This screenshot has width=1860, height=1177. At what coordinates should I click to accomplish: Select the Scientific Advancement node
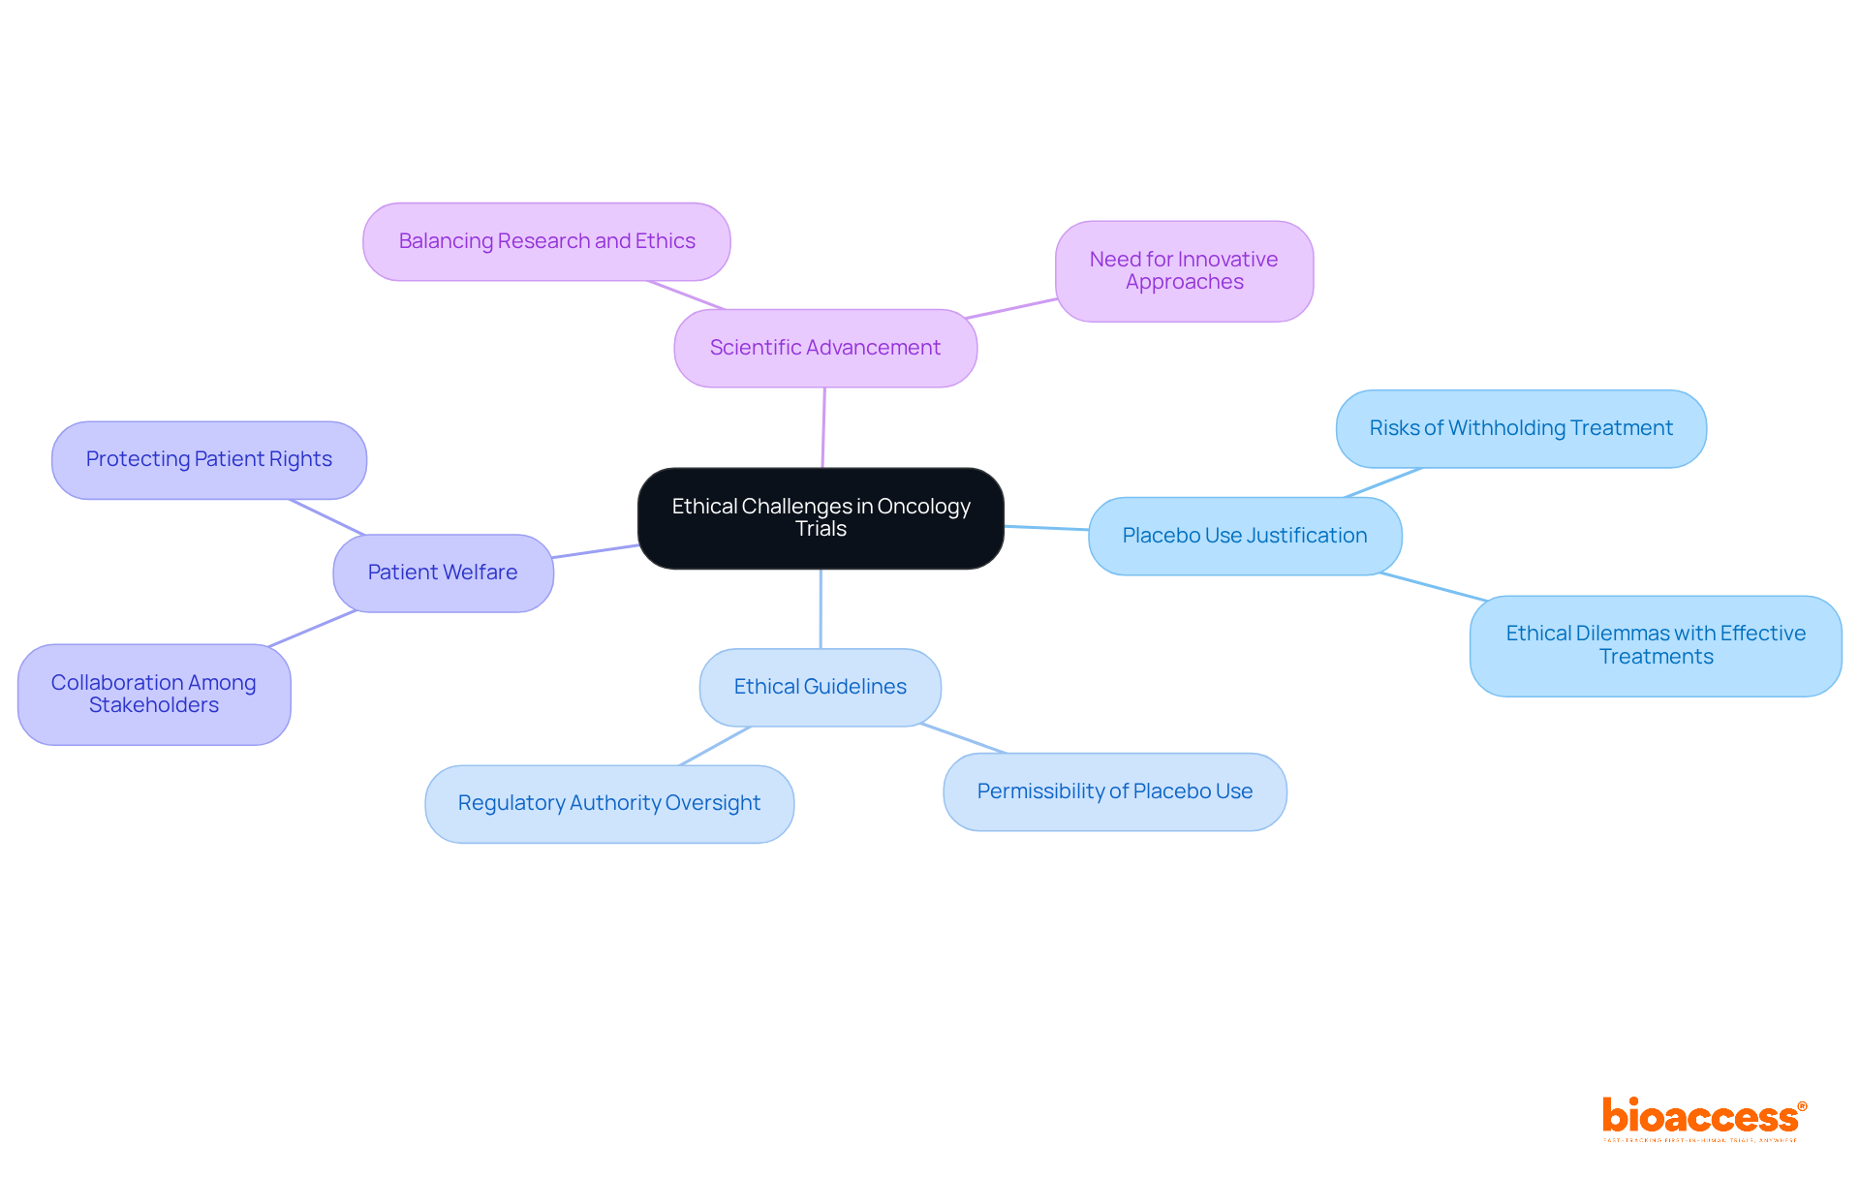click(x=825, y=348)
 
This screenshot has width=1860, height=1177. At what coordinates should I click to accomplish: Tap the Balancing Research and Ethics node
click(x=546, y=241)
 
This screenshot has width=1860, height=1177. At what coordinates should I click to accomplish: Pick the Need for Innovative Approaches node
click(x=1184, y=271)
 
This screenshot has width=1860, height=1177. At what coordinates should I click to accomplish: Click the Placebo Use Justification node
click(x=1245, y=536)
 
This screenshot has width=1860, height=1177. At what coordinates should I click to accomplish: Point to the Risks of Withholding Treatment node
click(x=1521, y=428)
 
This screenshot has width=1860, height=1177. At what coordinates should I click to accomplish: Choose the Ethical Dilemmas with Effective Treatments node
click(x=1656, y=645)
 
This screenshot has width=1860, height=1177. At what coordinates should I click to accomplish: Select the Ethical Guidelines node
click(x=820, y=687)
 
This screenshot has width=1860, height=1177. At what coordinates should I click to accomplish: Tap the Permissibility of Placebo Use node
click(x=1114, y=791)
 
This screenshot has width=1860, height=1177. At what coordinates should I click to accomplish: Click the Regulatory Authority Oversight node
click(x=609, y=803)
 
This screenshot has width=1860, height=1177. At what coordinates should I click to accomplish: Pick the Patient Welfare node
click(x=443, y=573)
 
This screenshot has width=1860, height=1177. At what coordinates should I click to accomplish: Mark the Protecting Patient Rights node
click(x=209, y=459)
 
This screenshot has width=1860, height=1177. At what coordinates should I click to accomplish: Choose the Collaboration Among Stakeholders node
click(x=154, y=694)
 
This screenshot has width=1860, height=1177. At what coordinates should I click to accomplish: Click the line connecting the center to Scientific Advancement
click(x=823, y=428)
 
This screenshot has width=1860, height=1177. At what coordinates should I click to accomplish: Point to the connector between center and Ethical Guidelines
click(x=821, y=608)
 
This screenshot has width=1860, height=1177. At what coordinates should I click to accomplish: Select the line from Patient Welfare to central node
click(x=595, y=551)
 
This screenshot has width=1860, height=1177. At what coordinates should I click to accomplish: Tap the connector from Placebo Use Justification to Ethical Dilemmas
click(x=1432, y=586)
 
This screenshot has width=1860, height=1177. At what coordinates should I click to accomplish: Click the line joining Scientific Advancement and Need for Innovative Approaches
click(x=1010, y=308)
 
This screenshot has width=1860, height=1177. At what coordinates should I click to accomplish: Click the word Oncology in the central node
click(x=922, y=507)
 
